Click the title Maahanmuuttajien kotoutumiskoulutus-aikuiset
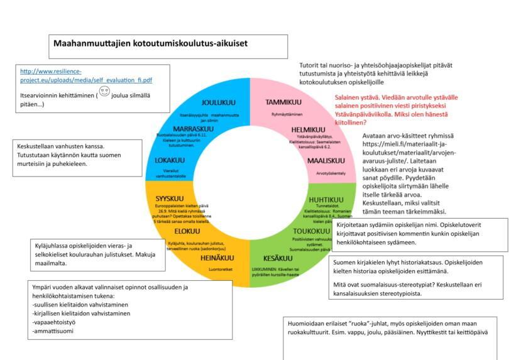[x=150, y=44]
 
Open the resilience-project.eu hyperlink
[x=86, y=75]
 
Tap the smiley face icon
[x=104, y=94]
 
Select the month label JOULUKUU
[x=218, y=102]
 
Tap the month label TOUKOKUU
[x=311, y=231]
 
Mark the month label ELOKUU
[x=187, y=231]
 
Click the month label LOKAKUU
[x=170, y=160]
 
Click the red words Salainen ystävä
[x=356, y=97]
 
